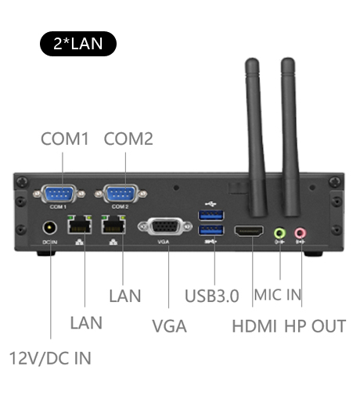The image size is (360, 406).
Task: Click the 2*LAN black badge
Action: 77,42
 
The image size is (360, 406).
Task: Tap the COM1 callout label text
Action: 65,139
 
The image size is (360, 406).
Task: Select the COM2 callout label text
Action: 128,139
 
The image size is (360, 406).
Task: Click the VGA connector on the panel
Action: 164,227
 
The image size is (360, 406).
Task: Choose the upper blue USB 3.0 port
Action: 212,214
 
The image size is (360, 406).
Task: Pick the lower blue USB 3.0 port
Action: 212,231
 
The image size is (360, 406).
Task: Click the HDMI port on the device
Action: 250,232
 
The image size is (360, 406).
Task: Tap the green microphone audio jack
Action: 280,232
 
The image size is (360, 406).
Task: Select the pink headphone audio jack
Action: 300,232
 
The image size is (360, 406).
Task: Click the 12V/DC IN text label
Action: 50,358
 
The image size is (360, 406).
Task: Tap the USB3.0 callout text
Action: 211,296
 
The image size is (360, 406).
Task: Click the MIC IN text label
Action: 278,296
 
